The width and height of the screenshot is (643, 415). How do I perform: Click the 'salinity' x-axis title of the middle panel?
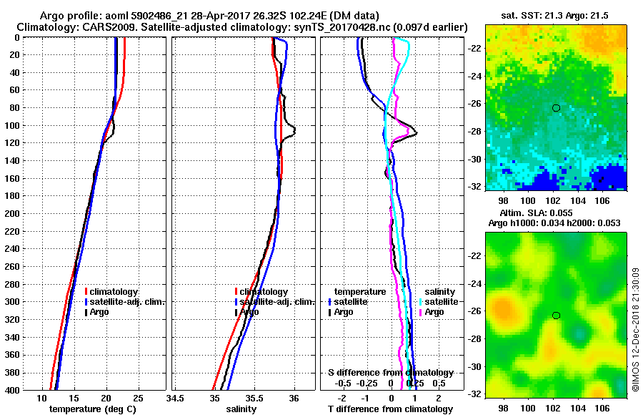[x=241, y=409]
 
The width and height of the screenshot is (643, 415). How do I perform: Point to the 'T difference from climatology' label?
[x=390, y=409]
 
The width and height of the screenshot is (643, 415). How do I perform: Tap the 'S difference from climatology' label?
[x=390, y=373]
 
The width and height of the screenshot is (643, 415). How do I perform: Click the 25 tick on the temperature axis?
[x=139, y=398]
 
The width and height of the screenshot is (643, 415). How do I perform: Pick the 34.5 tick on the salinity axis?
[x=176, y=398]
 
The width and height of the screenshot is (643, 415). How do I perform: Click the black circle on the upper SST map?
[x=556, y=108]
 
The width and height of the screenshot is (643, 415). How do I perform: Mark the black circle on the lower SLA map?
[x=556, y=316]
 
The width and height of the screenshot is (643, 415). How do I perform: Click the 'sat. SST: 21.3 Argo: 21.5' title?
[x=557, y=14]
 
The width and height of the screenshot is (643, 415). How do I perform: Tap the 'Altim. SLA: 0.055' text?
[x=557, y=214]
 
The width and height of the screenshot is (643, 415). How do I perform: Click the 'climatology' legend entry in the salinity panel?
[x=263, y=292]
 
